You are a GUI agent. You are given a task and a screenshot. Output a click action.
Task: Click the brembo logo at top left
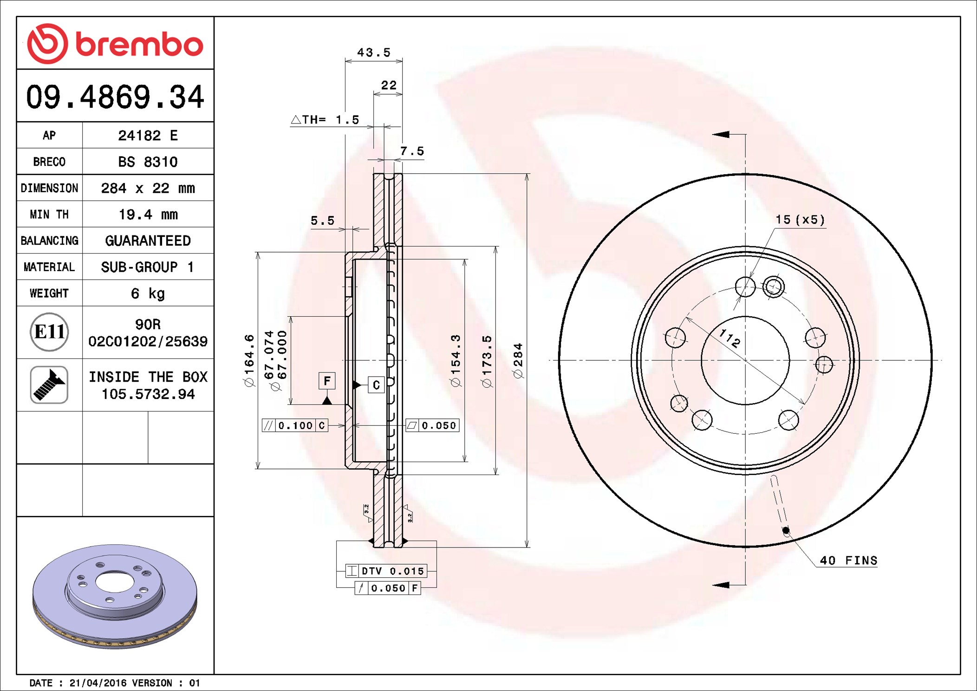(x=115, y=44)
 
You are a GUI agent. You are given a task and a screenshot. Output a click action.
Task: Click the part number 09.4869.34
(x=115, y=97)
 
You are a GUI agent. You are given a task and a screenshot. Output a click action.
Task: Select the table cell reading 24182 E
(x=148, y=135)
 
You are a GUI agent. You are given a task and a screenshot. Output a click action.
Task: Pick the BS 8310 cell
(x=148, y=162)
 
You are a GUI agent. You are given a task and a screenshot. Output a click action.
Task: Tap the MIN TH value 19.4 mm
(x=148, y=214)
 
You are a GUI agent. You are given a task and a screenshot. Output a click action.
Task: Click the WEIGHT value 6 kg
(x=148, y=293)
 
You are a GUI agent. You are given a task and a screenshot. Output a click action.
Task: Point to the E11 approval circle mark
(x=49, y=332)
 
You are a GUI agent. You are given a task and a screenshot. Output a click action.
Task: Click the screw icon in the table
(x=49, y=385)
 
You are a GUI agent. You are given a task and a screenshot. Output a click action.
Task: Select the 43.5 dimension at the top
(x=374, y=52)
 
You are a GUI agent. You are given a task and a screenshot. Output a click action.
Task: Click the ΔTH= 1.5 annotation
(x=325, y=120)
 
